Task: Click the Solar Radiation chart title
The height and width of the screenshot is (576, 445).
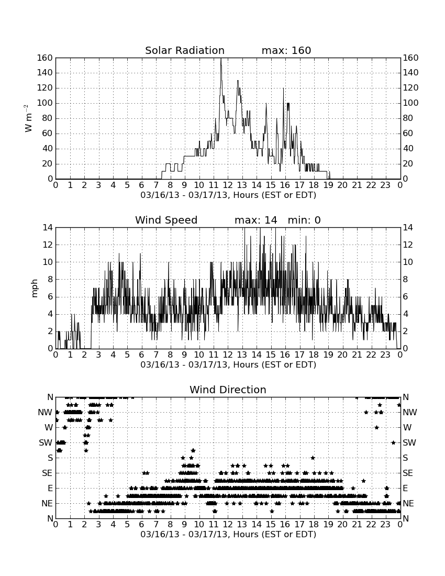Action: [185, 50]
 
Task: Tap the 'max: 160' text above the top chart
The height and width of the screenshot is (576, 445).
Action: [286, 50]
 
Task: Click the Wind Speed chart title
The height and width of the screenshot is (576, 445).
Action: [166, 220]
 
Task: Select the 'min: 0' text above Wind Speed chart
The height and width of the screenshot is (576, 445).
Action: [304, 220]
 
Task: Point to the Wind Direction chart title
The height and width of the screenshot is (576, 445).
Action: [228, 390]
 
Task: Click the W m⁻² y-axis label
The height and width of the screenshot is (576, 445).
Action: [28, 118]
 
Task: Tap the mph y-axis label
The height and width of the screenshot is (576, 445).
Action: [35, 289]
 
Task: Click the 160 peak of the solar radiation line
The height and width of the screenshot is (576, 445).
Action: [221, 59]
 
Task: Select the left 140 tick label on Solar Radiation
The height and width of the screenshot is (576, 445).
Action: [45, 73]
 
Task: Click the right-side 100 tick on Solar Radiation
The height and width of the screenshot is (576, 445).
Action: [411, 103]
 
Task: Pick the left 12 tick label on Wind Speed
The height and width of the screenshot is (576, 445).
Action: [48, 245]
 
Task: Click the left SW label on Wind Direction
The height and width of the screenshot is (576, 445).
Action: [46, 442]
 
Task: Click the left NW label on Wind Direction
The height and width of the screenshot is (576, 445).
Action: [45, 413]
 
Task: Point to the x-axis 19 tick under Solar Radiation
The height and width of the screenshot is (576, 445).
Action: [328, 185]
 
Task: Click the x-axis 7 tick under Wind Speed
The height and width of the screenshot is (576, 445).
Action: [156, 355]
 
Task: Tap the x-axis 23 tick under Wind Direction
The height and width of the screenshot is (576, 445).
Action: [385, 525]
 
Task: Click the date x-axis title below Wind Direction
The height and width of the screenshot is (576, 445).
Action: [228, 534]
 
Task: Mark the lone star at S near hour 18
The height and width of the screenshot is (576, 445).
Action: [313, 458]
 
